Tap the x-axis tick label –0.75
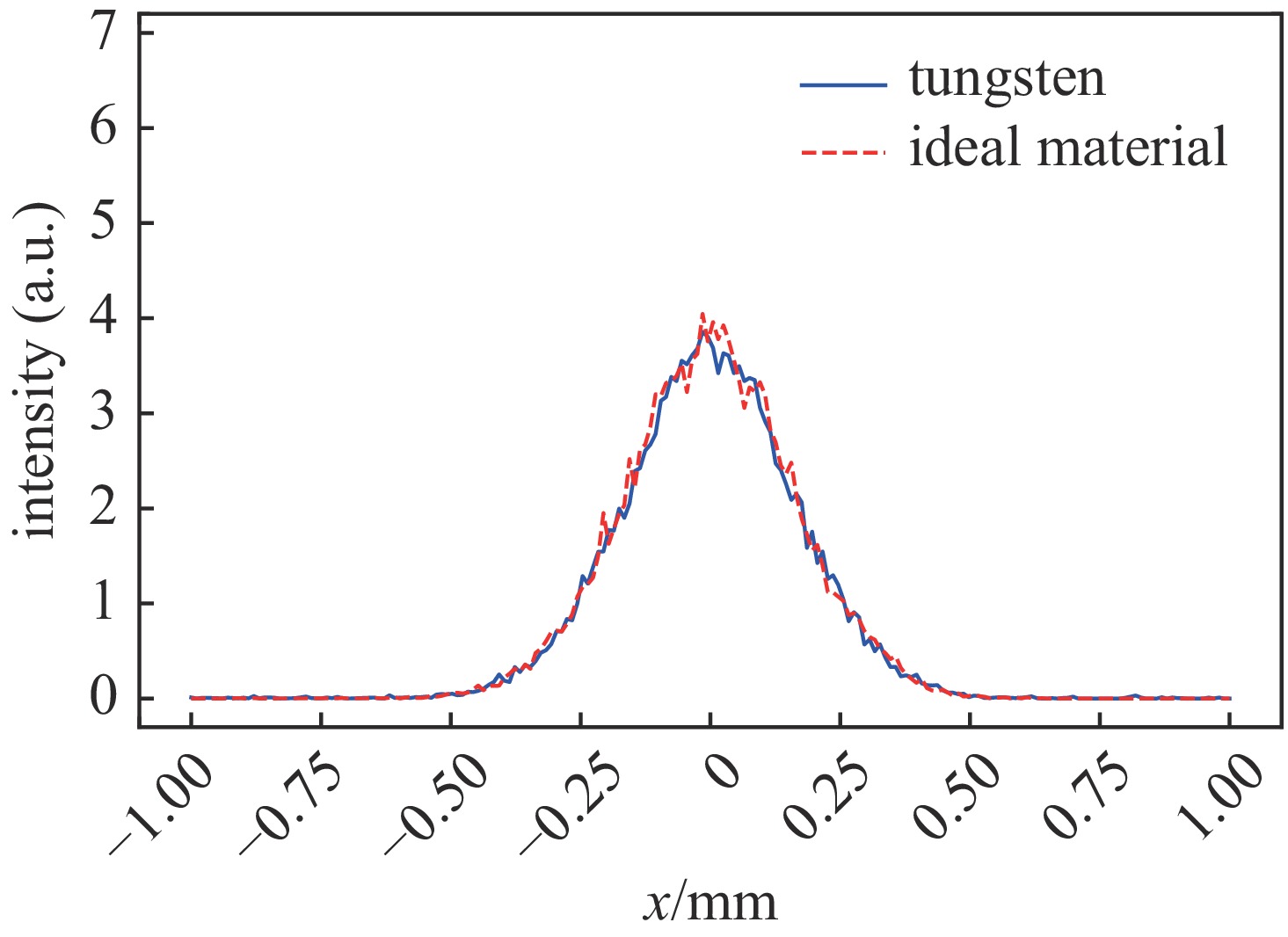tap(292, 803)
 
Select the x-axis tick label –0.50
tap(437, 803)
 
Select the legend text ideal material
tap(1067, 147)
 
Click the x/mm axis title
tap(710, 903)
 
